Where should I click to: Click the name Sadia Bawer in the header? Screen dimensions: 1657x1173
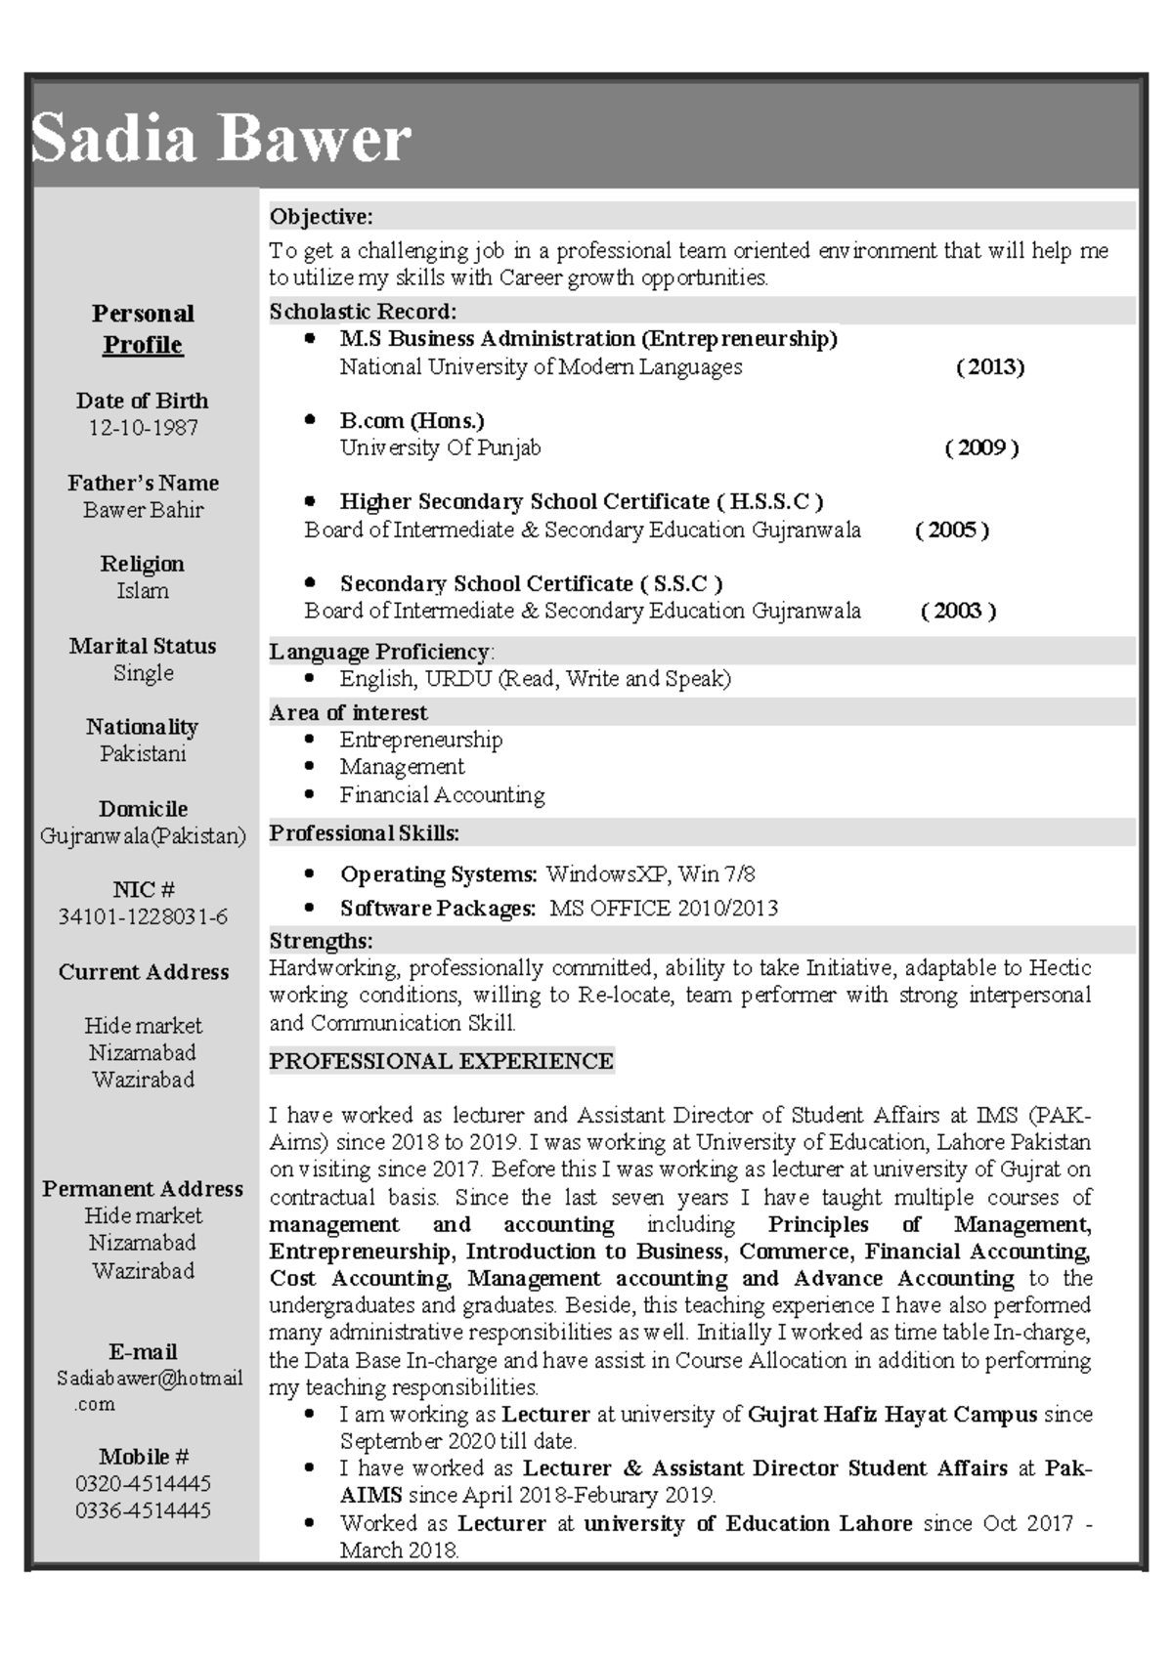click(221, 138)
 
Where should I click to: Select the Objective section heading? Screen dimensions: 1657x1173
click(321, 216)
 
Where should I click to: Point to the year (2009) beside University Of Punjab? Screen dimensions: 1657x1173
click(981, 448)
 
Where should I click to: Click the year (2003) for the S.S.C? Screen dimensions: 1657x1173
click(958, 612)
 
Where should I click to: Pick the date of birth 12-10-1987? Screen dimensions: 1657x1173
click(143, 428)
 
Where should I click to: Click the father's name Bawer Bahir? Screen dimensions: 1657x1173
click(143, 510)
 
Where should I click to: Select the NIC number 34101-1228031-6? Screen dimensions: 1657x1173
click(143, 917)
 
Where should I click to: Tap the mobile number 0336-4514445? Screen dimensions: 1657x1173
click(143, 1511)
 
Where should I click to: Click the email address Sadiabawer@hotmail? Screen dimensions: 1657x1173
click(149, 1379)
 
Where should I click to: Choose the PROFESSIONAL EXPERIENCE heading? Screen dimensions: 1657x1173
click(441, 1061)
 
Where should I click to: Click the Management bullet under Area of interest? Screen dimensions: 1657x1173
click(402, 767)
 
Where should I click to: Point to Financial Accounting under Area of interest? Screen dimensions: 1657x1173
click(442, 795)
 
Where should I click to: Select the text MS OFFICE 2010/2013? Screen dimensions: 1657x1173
click(663, 909)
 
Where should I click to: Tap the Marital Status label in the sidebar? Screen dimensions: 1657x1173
click(143, 646)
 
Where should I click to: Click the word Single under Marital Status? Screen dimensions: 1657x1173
click(143, 673)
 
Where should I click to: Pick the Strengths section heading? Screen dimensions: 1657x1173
click(321, 941)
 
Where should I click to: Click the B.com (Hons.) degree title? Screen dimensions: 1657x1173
click(412, 421)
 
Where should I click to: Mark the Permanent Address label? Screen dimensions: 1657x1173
click(143, 1189)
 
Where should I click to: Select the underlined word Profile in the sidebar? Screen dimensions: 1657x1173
click(143, 345)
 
